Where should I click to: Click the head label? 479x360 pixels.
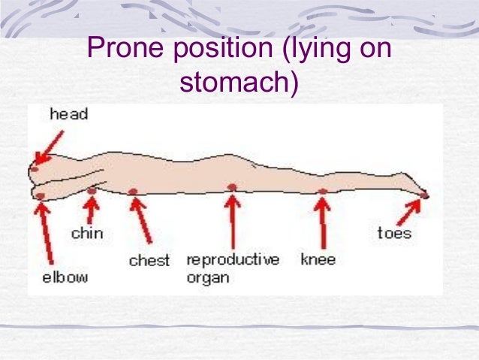(68, 114)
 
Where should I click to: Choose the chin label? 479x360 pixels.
(87, 233)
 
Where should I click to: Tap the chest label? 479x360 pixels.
(149, 261)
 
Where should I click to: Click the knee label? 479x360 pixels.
(318, 260)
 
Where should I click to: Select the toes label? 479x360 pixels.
(394, 233)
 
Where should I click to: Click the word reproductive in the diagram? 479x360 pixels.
(233, 260)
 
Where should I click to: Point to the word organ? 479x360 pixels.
(207, 277)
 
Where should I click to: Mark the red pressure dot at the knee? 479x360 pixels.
(323, 192)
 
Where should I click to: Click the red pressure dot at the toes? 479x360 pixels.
(424, 195)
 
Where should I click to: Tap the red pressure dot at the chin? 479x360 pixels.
(92, 192)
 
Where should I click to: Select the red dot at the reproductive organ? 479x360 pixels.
(232, 186)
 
